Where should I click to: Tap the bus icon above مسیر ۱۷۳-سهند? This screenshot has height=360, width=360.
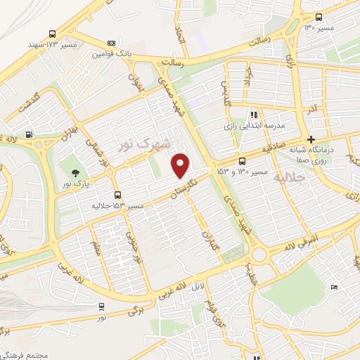(x=53, y=33)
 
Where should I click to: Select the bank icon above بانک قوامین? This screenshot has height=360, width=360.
(x=113, y=42)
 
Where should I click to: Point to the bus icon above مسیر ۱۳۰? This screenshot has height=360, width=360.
(x=319, y=18)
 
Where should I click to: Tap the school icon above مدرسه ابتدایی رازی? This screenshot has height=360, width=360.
(x=254, y=114)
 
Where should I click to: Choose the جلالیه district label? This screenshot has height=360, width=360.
(x=290, y=176)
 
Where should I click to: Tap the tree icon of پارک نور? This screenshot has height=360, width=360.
(x=76, y=174)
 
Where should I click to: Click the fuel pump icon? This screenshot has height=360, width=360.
(x=28, y=135)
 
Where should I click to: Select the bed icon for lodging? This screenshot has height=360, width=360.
(x=334, y=287)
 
